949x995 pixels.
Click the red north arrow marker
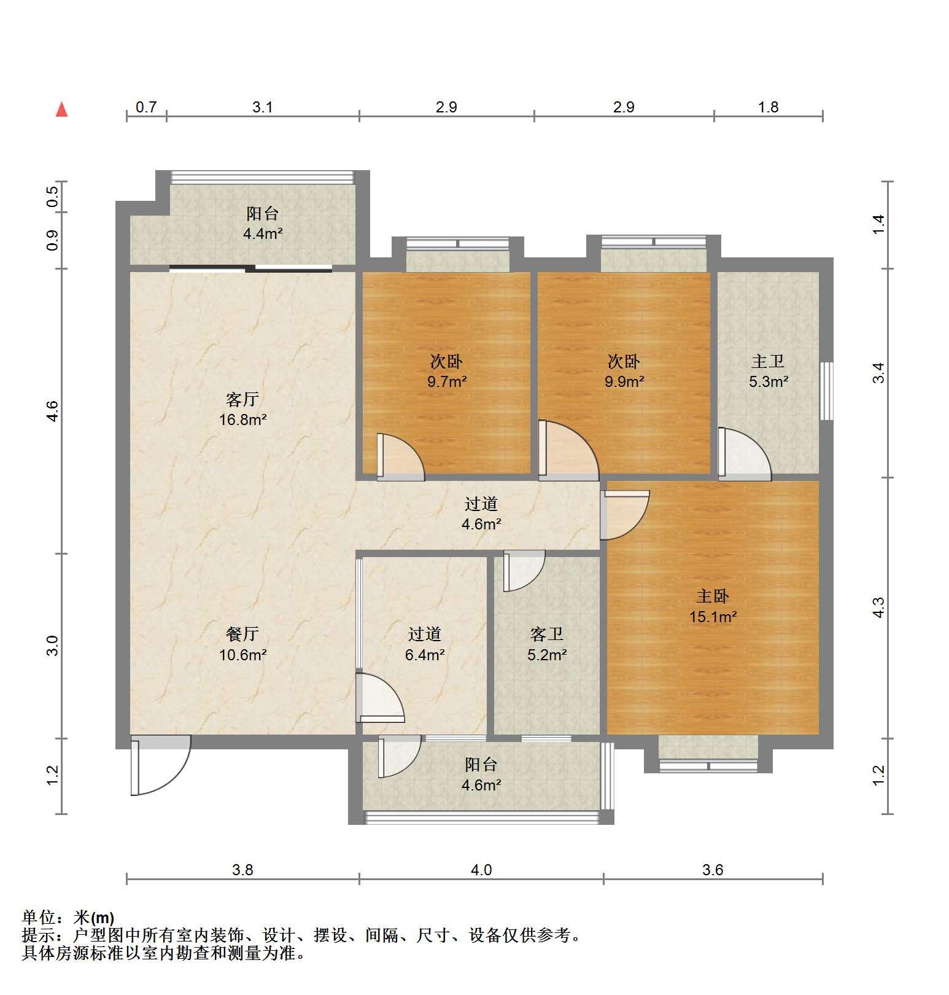(61, 109)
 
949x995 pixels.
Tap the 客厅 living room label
(242, 400)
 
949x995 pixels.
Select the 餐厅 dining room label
(242, 634)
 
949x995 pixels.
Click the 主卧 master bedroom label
(713, 596)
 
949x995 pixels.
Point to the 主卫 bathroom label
(768, 361)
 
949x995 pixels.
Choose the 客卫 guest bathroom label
(547, 634)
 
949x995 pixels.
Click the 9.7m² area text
(447, 381)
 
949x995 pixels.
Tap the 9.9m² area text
(624, 381)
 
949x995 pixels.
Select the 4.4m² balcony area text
(263, 233)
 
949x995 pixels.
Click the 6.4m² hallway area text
(425, 655)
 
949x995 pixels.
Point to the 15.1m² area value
(713, 617)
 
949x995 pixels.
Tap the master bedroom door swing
(625, 515)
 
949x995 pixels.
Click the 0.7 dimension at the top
(146, 107)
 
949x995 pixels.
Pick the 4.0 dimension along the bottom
(481, 870)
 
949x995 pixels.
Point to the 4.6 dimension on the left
(52, 410)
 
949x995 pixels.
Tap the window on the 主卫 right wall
(827, 391)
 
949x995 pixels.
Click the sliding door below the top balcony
(250, 268)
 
